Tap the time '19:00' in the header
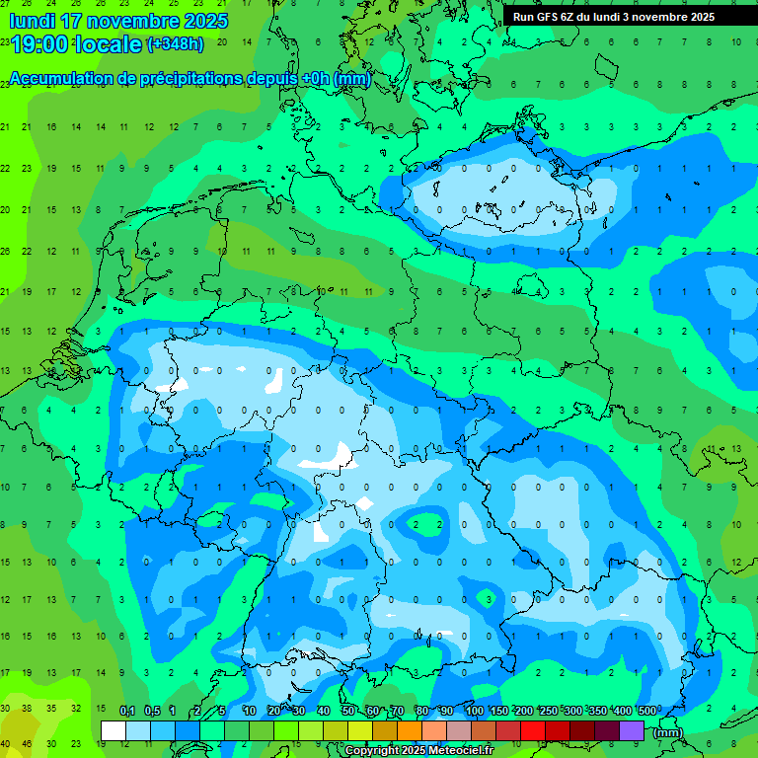pyautogui.click(x=40, y=44)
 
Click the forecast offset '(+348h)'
pyautogui.click(x=175, y=44)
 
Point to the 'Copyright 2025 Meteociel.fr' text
pyautogui.click(x=418, y=750)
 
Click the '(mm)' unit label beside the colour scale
pyautogui.click(x=668, y=731)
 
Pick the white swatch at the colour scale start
pyautogui.click(x=113, y=730)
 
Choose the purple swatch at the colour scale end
pyautogui.click(x=632, y=730)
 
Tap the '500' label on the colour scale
pyautogui.click(x=647, y=712)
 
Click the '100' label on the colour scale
pyautogui.click(x=475, y=712)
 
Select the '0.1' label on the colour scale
pyautogui.click(x=127, y=712)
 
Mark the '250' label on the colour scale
pyautogui.click(x=549, y=712)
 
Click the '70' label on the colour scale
pyautogui.click(x=397, y=712)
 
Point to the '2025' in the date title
pyautogui.click(x=206, y=21)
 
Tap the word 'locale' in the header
pyautogui.click(x=110, y=44)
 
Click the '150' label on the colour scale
pyautogui.click(x=499, y=712)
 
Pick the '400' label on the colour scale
pyautogui.click(x=623, y=712)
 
